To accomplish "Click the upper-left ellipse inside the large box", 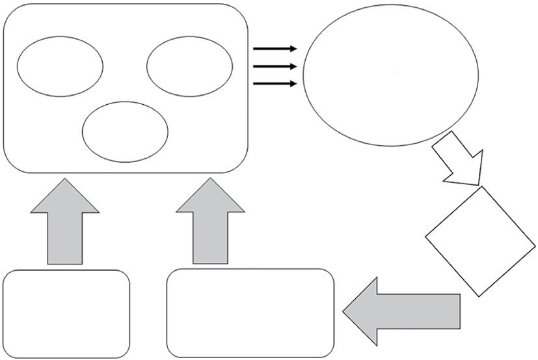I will pyautogui.click(x=60, y=66).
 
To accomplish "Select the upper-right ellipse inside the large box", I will pyautogui.click(x=189, y=66).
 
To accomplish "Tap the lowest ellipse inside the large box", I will pyautogui.click(x=125, y=131).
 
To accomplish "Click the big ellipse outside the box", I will pyautogui.click(x=391, y=74).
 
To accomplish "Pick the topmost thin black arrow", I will pyautogui.click(x=275, y=49).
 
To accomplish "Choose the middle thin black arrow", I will pyautogui.click(x=275, y=66).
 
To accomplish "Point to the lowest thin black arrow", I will pyautogui.click(x=275, y=83).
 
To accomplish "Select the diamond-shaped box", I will pyautogui.click(x=481, y=242).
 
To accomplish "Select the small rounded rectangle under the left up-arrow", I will pyautogui.click(x=66, y=313).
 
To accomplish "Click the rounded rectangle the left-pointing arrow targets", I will pyautogui.click(x=250, y=312).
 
